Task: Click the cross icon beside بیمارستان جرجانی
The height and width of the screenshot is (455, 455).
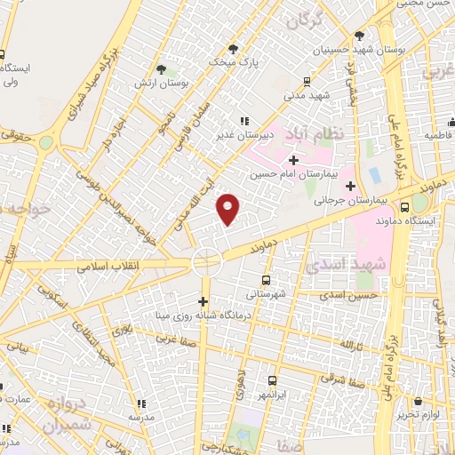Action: click(350, 187)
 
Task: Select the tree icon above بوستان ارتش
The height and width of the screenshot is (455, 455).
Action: click(161, 69)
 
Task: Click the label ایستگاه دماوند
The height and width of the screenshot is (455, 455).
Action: click(404, 219)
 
